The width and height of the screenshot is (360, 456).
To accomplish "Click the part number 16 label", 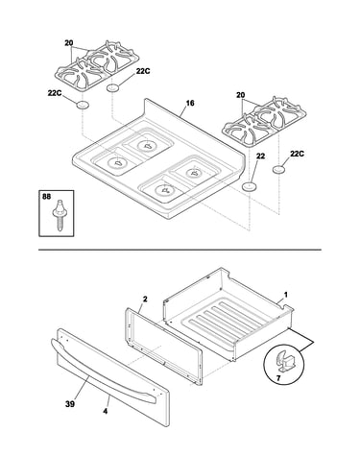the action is point(190,104).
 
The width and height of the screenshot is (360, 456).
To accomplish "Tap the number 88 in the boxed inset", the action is point(46,197).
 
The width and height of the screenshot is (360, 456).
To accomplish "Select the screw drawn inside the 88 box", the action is point(60,214).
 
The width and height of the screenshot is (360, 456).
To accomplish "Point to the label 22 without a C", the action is point(260,156).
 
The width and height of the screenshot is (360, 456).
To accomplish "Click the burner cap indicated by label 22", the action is point(249,186).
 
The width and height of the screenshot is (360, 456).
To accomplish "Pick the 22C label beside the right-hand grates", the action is point(297,154).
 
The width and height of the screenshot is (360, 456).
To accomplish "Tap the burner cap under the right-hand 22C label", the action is point(279,170).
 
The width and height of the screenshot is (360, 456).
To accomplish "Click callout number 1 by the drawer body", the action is point(286,295).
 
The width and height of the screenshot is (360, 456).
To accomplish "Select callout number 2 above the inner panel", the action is point(145,300).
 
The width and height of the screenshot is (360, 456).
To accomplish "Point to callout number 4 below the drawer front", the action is point(106,411).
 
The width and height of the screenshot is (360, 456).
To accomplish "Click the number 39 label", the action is point(70,404).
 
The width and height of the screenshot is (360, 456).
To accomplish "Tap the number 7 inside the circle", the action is point(278,378).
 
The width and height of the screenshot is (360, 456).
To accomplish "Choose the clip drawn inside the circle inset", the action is point(283,361).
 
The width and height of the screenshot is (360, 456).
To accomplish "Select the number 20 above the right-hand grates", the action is point(241,95).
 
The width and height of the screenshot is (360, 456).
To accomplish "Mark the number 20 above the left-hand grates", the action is point(69,43).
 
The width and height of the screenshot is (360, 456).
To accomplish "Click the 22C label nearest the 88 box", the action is point(55,93).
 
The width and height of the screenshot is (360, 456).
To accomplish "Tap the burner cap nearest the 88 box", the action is point(82,105).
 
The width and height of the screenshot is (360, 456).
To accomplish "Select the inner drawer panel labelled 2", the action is point(163,347).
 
